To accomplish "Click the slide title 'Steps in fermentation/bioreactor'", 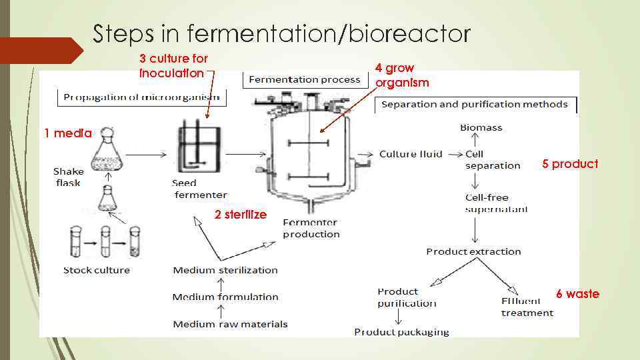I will coord(281,33).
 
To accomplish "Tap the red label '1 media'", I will coord(68,133).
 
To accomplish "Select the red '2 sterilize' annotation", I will coord(240,215).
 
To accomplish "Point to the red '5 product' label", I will coord(570,164).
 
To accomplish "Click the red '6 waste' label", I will coord(577,294).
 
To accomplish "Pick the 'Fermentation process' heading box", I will coord(304,80).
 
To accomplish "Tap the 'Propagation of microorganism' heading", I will coord(141,97).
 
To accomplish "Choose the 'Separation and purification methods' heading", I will coord(474,104).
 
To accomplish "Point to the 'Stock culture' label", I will coord(97,270).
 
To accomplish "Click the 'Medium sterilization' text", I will coord(225,270).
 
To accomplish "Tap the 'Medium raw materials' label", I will coord(230,324).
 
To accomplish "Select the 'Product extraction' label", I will coord(473,251).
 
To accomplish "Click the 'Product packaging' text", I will coord(401,331).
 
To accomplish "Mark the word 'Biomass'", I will coord(481,127).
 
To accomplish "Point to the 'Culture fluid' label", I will coord(411,154).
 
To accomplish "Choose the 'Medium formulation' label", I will coord(225,297).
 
